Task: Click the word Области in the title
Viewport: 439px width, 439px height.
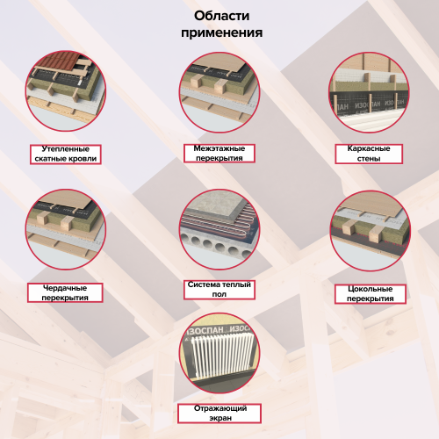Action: point(222,16)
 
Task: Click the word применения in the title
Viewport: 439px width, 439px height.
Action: point(221,32)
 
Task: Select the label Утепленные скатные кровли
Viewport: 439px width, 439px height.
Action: point(66,154)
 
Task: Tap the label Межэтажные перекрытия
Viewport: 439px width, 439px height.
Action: point(219,154)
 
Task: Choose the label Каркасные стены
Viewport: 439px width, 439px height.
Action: point(369,154)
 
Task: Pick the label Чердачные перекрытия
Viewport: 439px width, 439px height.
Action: point(65,292)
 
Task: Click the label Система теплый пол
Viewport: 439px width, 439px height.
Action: point(219,290)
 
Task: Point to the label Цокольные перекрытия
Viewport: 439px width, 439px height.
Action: point(371,294)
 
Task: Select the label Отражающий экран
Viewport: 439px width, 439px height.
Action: point(219,414)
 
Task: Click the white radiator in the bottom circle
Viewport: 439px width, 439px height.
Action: point(223,353)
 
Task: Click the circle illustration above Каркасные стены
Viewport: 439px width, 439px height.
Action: point(369,92)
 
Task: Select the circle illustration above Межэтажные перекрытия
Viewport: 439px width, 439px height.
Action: point(219,92)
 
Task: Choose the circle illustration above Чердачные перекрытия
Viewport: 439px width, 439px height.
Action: point(66,229)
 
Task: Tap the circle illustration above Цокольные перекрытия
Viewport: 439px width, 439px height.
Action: point(371,231)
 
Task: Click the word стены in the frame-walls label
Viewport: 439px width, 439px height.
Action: point(369,159)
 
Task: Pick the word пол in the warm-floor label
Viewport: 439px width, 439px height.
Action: point(219,294)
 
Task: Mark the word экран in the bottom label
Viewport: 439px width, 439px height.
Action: point(220,418)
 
